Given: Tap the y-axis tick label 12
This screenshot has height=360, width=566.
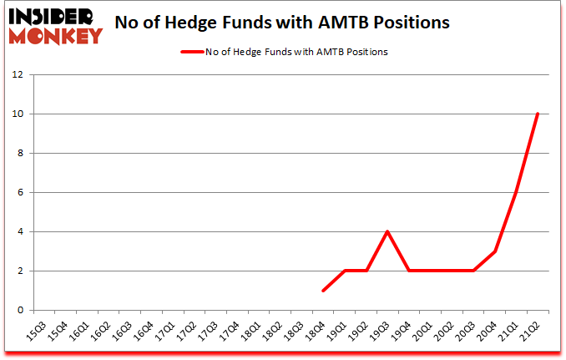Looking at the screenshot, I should click(x=18, y=74).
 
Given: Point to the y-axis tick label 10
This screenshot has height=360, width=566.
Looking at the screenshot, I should click(x=18, y=114).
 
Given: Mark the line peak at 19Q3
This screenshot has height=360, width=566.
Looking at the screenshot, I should click(x=387, y=231).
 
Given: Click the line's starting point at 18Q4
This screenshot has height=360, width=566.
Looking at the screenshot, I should click(x=323, y=291).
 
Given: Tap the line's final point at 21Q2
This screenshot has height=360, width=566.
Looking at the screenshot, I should click(x=538, y=114).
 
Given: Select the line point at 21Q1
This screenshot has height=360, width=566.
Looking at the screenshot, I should click(x=517, y=192).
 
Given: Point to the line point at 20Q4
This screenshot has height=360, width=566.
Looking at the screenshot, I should click(x=495, y=251).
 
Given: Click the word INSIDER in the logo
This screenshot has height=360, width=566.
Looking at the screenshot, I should click(x=52, y=18).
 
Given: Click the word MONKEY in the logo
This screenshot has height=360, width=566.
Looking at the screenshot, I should click(x=57, y=37).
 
